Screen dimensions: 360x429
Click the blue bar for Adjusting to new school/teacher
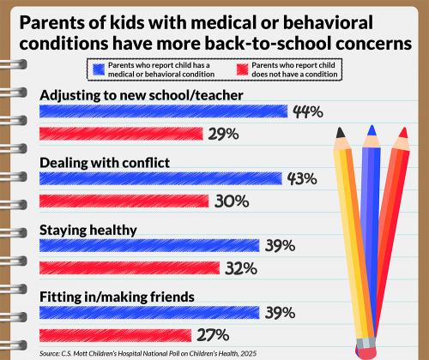point(163,111)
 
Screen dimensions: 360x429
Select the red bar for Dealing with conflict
point(124,201)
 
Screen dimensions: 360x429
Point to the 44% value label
point(307,111)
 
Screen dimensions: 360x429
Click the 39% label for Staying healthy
point(280,245)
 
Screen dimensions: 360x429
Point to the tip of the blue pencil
point(372,129)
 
